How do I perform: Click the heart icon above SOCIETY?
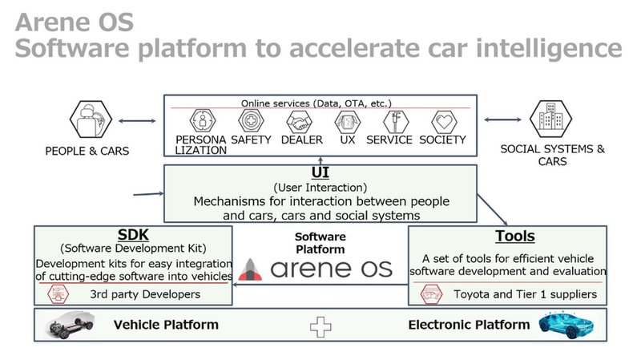pos(445,122)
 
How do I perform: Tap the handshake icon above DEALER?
pos(299,122)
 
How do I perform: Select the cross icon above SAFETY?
pos(251,121)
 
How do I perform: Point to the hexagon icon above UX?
pos(348,122)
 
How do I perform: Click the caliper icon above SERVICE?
pos(396,122)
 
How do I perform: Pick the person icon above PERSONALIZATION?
pos(203,121)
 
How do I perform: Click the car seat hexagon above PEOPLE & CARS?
pos(91,119)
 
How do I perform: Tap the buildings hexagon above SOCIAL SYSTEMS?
pos(550,119)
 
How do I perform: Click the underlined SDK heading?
pos(133,235)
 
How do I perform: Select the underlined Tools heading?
pos(515,236)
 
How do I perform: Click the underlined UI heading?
pos(320,172)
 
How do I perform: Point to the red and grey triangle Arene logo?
pos(250,269)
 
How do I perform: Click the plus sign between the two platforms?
pos(320,327)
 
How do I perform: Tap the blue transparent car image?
pos(566,325)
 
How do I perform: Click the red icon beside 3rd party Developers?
pos(58,294)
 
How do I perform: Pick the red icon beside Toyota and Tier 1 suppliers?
pos(431,294)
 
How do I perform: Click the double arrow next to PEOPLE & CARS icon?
pos(137,121)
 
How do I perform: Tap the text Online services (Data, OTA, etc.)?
pos(316,103)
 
